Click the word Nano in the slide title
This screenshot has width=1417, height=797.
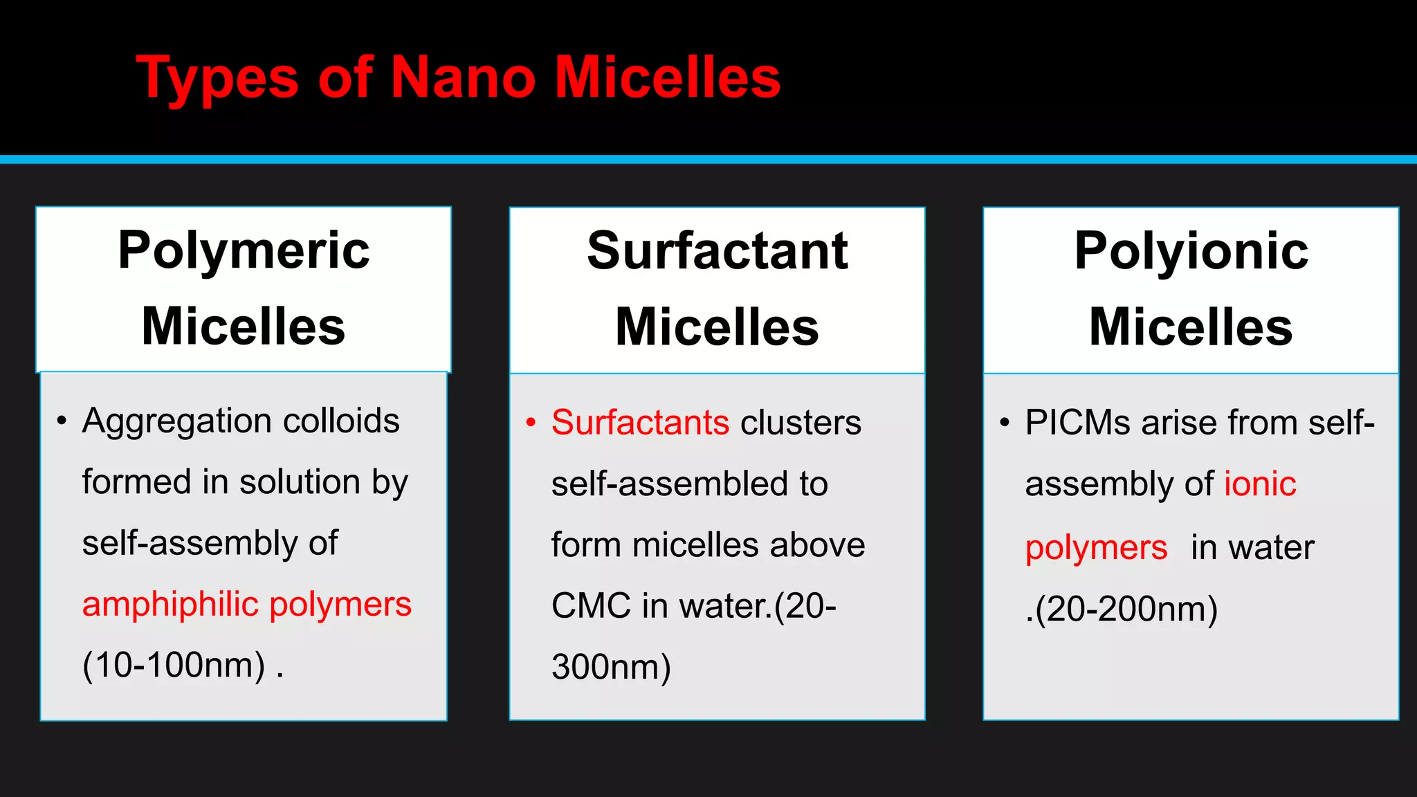click(x=462, y=77)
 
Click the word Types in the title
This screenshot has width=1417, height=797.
click(x=217, y=79)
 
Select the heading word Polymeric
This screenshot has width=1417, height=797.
click(x=244, y=250)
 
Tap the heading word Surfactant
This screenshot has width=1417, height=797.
click(x=717, y=250)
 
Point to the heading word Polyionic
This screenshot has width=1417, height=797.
click(x=1191, y=250)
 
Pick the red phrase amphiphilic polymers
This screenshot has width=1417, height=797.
click(x=246, y=605)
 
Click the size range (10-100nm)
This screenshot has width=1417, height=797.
click(x=174, y=666)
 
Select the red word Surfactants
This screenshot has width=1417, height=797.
click(x=640, y=423)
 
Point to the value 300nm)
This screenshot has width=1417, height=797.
click(x=611, y=668)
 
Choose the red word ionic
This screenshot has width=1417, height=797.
click(x=1260, y=484)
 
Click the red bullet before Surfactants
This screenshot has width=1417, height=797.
click(x=531, y=422)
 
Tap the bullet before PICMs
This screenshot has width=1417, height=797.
click(x=1005, y=422)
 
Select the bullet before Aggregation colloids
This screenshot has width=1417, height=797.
click(x=62, y=421)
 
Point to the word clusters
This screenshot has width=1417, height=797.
click(x=801, y=423)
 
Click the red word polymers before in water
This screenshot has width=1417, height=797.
click(x=1096, y=548)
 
